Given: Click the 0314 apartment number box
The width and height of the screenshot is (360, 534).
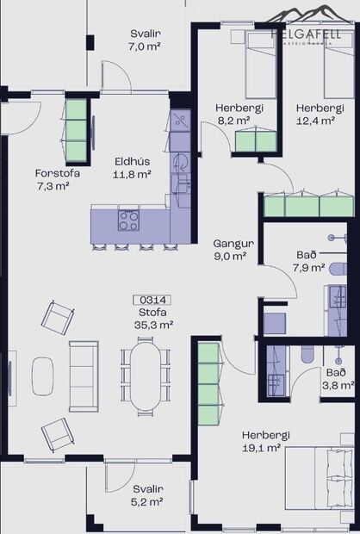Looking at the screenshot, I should point(152,300).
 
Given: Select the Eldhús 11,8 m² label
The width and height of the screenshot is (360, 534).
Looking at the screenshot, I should point(133,166).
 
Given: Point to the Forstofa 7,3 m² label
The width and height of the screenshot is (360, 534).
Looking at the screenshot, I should point(53,178).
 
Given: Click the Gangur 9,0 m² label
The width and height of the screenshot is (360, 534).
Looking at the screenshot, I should point(230,249).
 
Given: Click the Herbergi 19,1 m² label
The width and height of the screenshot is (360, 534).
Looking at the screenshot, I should point(264,442).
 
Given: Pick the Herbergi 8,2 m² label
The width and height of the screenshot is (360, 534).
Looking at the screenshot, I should point(233,114).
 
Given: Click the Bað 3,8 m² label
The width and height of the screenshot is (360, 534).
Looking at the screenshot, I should point(336,379).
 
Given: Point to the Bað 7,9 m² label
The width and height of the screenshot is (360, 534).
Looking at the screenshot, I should point(308,261).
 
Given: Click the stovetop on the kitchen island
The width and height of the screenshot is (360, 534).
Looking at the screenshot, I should point(128,220).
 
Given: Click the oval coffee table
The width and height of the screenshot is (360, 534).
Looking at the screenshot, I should point(43,376).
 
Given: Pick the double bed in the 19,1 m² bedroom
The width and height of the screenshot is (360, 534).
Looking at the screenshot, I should point(320,482).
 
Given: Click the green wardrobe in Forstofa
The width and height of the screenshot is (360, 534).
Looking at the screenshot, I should point(77,131).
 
